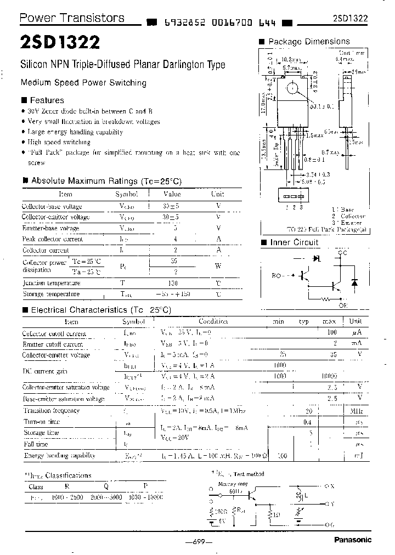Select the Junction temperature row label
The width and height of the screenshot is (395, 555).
[52, 283]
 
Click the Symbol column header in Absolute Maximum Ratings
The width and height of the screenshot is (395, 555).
[126, 194]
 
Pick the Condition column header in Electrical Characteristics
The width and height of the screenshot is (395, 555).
[213, 321]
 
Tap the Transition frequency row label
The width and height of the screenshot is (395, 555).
[51, 410]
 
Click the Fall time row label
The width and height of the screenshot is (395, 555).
[36, 444]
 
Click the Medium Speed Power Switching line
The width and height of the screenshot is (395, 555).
[83, 83]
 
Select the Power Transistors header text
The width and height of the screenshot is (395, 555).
[72, 18]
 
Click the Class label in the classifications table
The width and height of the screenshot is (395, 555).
[36, 486]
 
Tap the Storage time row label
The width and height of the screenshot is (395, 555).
[40, 433]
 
